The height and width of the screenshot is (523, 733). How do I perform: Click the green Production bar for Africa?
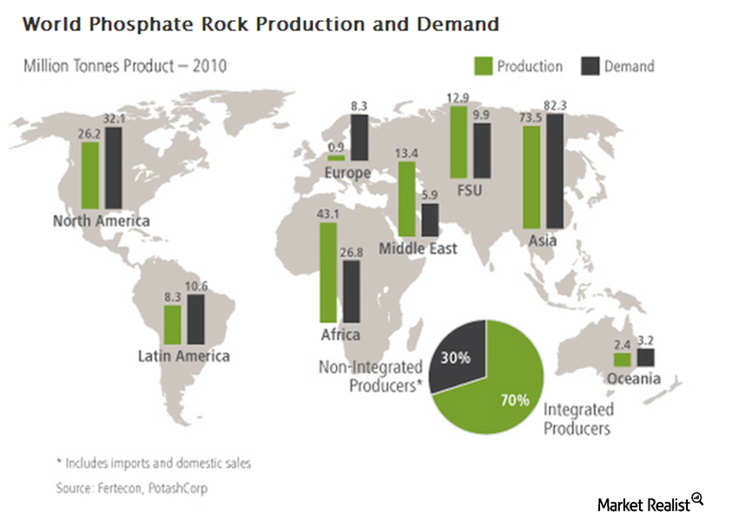click(328, 273)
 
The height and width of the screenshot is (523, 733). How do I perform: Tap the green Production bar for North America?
click(90, 175)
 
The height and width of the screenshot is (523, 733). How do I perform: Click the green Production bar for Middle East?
click(406, 198)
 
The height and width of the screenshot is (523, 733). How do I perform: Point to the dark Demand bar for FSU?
click(482, 149)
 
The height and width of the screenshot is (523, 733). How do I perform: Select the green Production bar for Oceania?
click(622, 359)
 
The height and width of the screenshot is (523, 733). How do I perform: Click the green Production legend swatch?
click(484, 66)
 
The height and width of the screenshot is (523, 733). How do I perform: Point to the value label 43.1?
click(329, 213)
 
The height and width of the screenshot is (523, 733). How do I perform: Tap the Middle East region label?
click(418, 249)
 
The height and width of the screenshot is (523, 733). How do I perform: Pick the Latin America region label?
click(183, 355)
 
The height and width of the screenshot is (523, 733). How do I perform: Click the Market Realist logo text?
click(643, 503)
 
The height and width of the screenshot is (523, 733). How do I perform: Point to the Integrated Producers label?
click(579, 418)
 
